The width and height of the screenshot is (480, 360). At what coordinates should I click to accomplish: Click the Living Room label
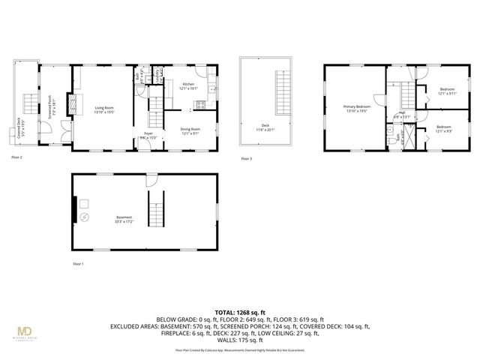[x=104, y=109]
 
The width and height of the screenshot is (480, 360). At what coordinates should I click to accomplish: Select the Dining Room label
[x=190, y=131]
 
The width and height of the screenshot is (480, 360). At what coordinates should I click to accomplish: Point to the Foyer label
[x=148, y=136]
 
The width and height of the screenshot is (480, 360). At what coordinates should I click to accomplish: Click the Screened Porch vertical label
[x=50, y=106]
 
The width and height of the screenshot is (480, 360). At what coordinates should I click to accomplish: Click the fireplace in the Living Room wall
[x=73, y=103]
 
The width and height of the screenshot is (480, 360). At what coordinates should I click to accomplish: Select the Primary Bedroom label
[x=357, y=108]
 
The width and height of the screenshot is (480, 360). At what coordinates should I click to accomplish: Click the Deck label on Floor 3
[x=265, y=127]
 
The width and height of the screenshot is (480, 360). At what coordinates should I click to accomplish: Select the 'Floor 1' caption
[x=79, y=264]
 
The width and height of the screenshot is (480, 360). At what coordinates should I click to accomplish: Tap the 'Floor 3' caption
[x=247, y=158]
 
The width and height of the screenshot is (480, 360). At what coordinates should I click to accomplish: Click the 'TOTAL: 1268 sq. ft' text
[x=240, y=311]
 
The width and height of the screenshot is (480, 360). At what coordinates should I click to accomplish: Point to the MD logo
[x=28, y=331]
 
